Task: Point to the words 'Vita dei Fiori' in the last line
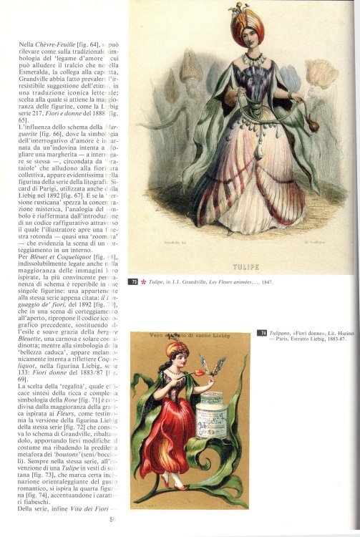point(85,520)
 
